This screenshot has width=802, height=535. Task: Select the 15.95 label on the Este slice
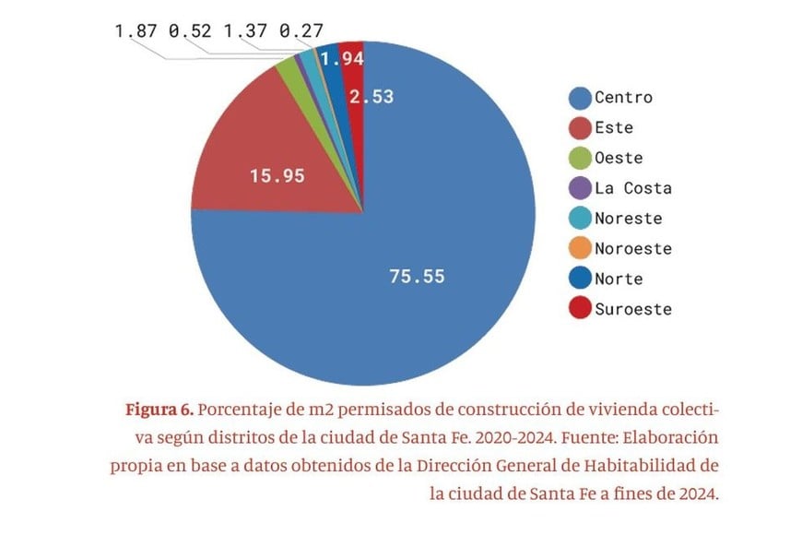[x=277, y=174]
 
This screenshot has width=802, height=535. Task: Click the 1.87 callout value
[x=136, y=31]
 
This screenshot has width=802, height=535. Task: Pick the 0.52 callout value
[x=191, y=31]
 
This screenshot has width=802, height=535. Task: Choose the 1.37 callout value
[x=245, y=31]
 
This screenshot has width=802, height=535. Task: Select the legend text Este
[x=614, y=127]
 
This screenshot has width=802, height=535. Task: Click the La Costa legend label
[x=633, y=188]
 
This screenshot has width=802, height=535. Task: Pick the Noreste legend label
[x=629, y=219]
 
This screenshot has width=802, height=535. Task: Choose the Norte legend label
[x=619, y=279]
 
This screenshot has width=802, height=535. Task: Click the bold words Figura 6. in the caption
[x=159, y=409]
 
